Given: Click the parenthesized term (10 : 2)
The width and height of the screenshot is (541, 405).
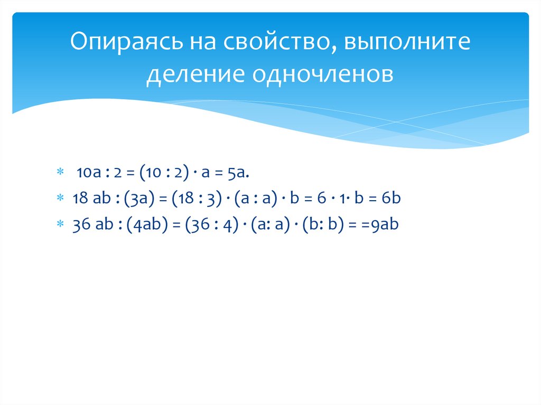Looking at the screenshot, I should coord(162,172).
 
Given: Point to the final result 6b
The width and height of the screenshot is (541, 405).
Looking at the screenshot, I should coord(391,198).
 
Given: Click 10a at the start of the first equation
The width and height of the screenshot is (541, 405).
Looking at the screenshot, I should coord(87,172).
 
